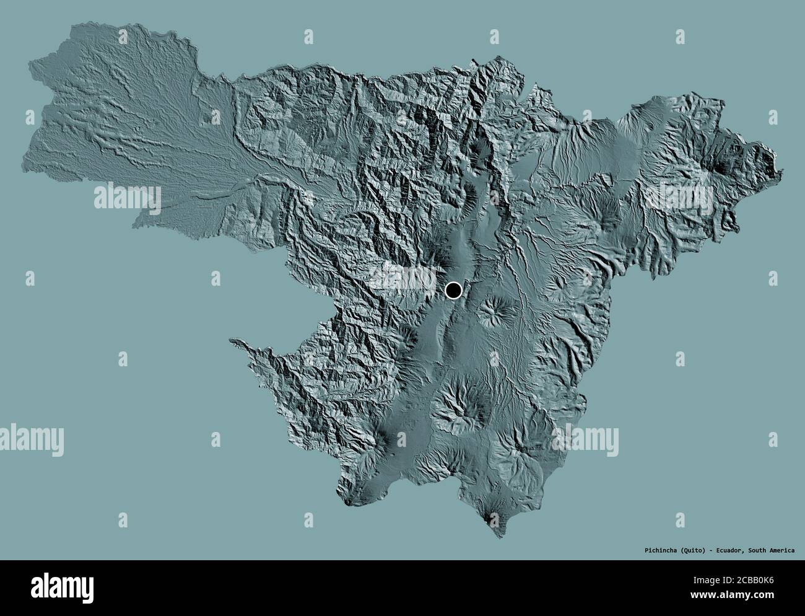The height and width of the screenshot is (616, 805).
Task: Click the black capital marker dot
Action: click(454, 289)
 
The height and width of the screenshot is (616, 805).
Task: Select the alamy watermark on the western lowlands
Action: click(128, 198)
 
